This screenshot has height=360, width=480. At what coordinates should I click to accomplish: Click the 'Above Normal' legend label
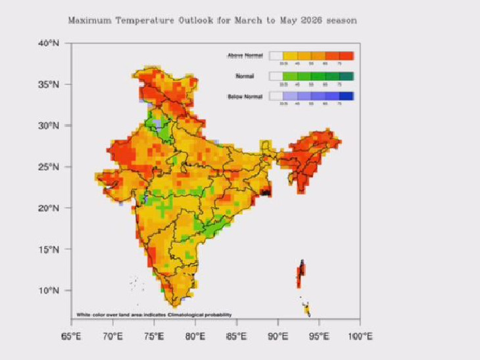(245, 56)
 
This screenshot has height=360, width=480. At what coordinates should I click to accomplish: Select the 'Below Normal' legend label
(245, 97)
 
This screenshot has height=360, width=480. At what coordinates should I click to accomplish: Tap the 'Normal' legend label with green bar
(245, 76)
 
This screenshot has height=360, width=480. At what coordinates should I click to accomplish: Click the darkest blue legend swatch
(347, 96)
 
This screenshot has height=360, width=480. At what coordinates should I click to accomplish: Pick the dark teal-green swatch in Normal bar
(347, 76)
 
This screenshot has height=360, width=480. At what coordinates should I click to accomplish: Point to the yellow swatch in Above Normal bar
(291, 56)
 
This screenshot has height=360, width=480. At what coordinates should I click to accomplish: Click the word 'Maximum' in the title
(89, 20)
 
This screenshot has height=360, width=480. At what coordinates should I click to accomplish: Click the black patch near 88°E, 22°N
(266, 192)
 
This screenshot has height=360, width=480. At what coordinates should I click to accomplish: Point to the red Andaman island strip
(300, 273)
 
